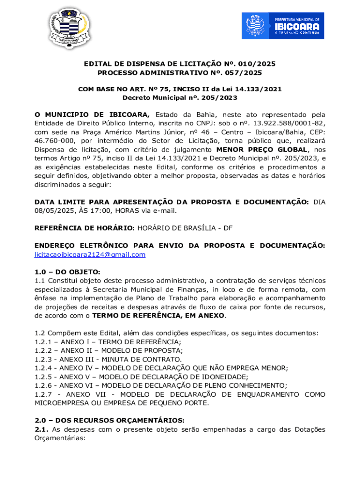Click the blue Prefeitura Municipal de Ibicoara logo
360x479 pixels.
tap(289, 26)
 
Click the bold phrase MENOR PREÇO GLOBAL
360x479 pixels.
tap(260, 150)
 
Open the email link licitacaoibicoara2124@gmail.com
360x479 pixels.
tap(90, 254)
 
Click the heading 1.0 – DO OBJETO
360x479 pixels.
tap(67, 272)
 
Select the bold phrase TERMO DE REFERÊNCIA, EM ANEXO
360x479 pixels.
tap(158, 315)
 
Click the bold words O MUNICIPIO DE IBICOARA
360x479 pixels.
tap(92, 115)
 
